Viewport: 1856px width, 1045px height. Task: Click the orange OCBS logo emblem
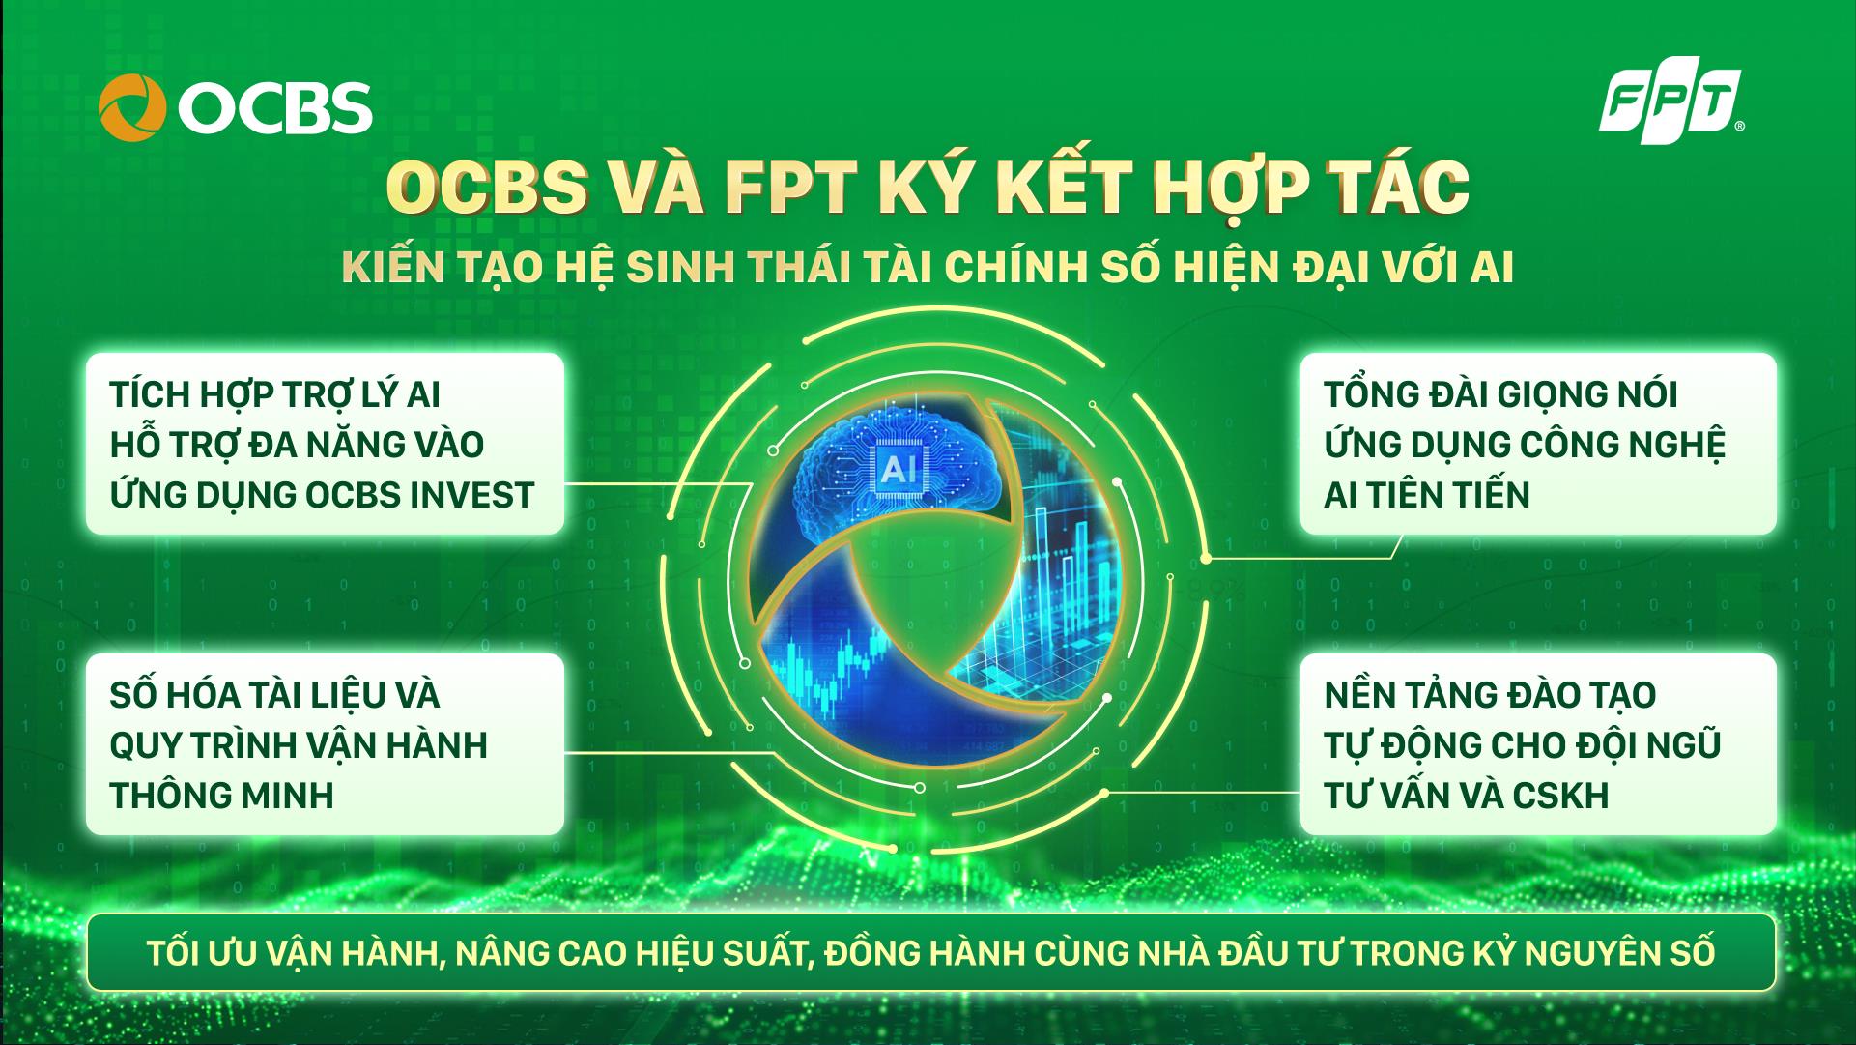(x=132, y=107)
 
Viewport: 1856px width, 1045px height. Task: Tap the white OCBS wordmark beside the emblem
(x=274, y=107)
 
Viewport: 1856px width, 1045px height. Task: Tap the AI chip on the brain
(x=899, y=470)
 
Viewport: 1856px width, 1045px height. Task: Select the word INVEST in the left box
(x=472, y=495)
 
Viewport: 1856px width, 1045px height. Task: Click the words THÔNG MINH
(x=221, y=796)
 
